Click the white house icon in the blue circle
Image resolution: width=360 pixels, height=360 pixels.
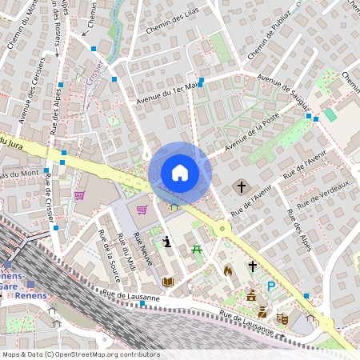point(180,173)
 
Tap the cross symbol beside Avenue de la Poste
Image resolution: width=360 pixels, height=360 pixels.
point(241,187)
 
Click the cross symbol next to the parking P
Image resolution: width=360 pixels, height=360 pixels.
point(253,266)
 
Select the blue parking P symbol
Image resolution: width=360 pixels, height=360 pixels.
point(272,286)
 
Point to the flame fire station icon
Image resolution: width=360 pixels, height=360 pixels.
point(228,271)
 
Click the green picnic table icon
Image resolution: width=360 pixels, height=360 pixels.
point(197,251)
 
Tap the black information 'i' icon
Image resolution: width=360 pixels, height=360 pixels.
point(166,241)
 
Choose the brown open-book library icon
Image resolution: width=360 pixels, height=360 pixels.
point(168,282)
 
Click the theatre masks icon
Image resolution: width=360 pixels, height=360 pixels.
point(282,318)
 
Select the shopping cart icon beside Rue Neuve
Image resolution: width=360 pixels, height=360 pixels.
point(142,210)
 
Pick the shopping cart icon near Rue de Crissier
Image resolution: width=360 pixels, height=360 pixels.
point(79,194)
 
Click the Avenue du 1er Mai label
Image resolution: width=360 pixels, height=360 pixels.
point(166,93)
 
